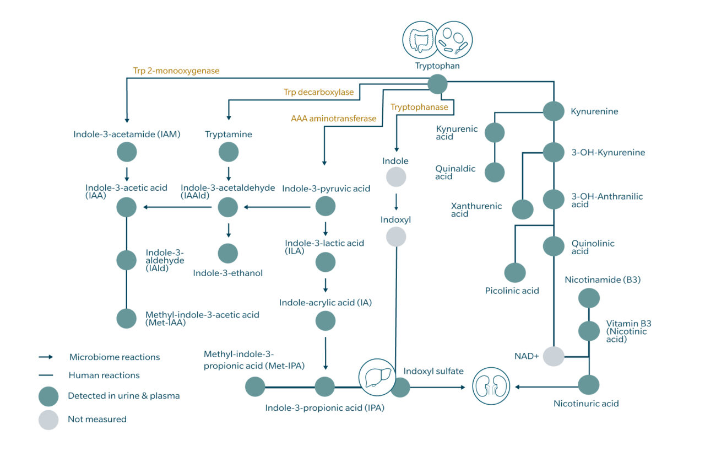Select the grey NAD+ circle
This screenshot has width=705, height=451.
(x=554, y=356)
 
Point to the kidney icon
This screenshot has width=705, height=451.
(x=491, y=386)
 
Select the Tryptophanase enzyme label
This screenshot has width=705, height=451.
(x=419, y=106)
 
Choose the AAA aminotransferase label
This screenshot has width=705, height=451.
(x=333, y=118)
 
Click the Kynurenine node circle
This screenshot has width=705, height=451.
(x=554, y=111)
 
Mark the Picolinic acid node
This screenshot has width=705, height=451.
(x=515, y=272)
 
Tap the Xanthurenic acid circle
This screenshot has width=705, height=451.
(x=523, y=210)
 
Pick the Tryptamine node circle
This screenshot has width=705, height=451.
(x=229, y=152)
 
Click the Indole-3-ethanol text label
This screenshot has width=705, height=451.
(x=227, y=273)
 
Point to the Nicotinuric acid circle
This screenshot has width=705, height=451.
(x=589, y=384)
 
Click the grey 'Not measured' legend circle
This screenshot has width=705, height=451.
(x=48, y=420)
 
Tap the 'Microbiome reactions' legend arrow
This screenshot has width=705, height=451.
(x=46, y=357)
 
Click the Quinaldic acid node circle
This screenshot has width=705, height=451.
(x=495, y=172)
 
